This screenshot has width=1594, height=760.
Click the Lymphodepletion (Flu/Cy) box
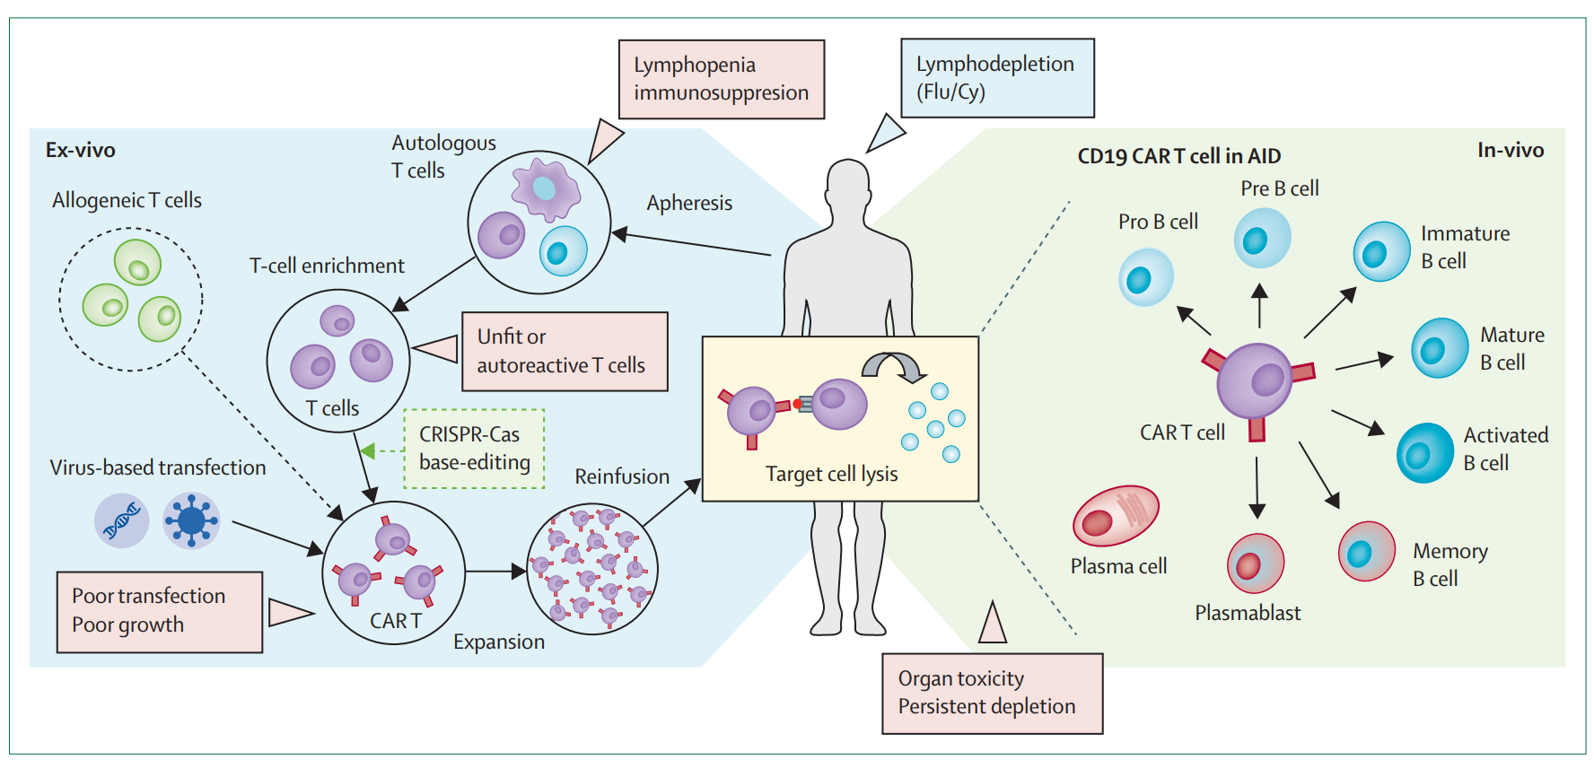997,78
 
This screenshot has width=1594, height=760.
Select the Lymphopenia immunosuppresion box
722,79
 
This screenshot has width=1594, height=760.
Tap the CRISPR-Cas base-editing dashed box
474,449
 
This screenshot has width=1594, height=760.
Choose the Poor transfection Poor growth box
160,612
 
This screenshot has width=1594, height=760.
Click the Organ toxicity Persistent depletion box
992,694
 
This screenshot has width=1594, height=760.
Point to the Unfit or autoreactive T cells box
565,351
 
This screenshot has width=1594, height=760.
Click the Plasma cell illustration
1116,516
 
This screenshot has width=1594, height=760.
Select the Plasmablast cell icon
1255,563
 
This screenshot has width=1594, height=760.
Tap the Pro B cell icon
1146,277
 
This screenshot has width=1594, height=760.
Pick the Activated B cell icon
1424,452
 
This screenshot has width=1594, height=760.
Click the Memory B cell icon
1366,551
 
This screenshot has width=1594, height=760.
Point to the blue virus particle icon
191,520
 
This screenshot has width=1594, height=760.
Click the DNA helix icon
122,520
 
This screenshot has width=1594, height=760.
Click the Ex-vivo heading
81,150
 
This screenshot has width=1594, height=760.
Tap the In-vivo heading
1510,150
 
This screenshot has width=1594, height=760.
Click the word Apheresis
689,203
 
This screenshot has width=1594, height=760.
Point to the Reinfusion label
622,476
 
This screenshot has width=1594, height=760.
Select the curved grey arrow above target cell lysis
892,365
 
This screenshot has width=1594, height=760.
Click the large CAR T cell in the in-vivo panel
1255,381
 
